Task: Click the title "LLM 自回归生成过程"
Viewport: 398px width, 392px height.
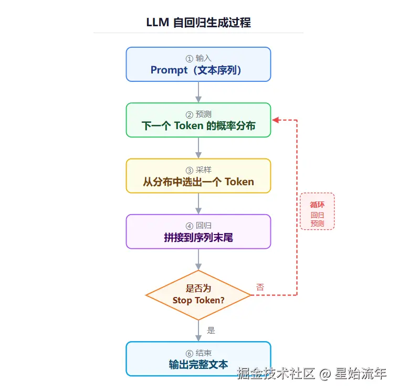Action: point(198,23)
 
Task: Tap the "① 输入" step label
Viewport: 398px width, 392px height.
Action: point(198,58)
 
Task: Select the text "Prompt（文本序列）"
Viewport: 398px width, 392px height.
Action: point(198,70)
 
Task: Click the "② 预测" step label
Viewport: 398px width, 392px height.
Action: point(198,114)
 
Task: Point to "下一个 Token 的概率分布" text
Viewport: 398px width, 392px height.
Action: point(198,126)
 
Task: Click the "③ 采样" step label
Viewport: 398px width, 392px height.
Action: point(198,170)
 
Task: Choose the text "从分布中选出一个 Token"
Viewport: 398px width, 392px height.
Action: point(198,182)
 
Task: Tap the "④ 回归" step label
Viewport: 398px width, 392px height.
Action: point(198,226)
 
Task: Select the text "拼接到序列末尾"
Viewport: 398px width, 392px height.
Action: point(198,238)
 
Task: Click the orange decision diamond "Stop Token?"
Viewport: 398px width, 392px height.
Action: point(198,295)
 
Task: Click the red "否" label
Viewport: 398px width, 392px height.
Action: point(260,287)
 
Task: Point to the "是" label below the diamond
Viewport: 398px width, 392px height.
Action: point(211,331)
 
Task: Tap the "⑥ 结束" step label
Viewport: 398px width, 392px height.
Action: point(198,353)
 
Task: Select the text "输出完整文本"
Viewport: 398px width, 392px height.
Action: point(198,365)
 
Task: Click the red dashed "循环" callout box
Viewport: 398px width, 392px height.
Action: point(317,211)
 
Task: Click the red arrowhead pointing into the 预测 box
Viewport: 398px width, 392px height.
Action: point(275,120)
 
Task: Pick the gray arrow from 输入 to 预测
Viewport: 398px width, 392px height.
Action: point(198,92)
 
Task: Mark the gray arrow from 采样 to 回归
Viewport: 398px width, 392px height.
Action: point(198,204)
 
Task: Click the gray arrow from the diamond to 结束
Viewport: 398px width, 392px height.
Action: point(198,331)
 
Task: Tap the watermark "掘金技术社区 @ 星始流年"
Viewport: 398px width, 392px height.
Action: point(311,374)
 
